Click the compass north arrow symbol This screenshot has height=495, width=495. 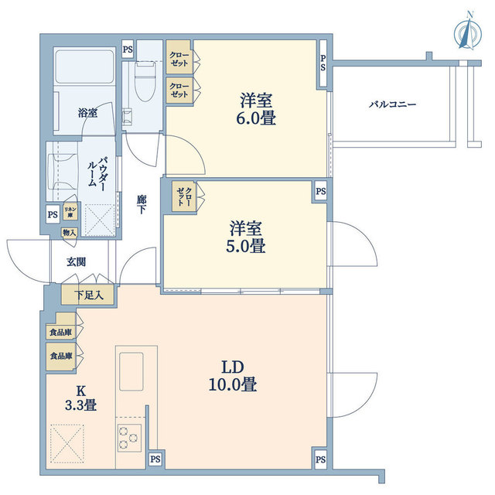pos(466,32)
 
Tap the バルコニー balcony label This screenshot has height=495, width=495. pos(392,103)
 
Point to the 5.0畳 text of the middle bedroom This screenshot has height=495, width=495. pos(247,247)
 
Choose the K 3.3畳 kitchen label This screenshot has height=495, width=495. pos(80,396)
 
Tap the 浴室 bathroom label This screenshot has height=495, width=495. pos(87,113)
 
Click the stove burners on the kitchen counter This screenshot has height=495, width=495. pos(128,439)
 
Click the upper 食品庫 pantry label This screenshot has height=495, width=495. pos(60,332)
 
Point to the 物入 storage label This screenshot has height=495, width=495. pos(69,232)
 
